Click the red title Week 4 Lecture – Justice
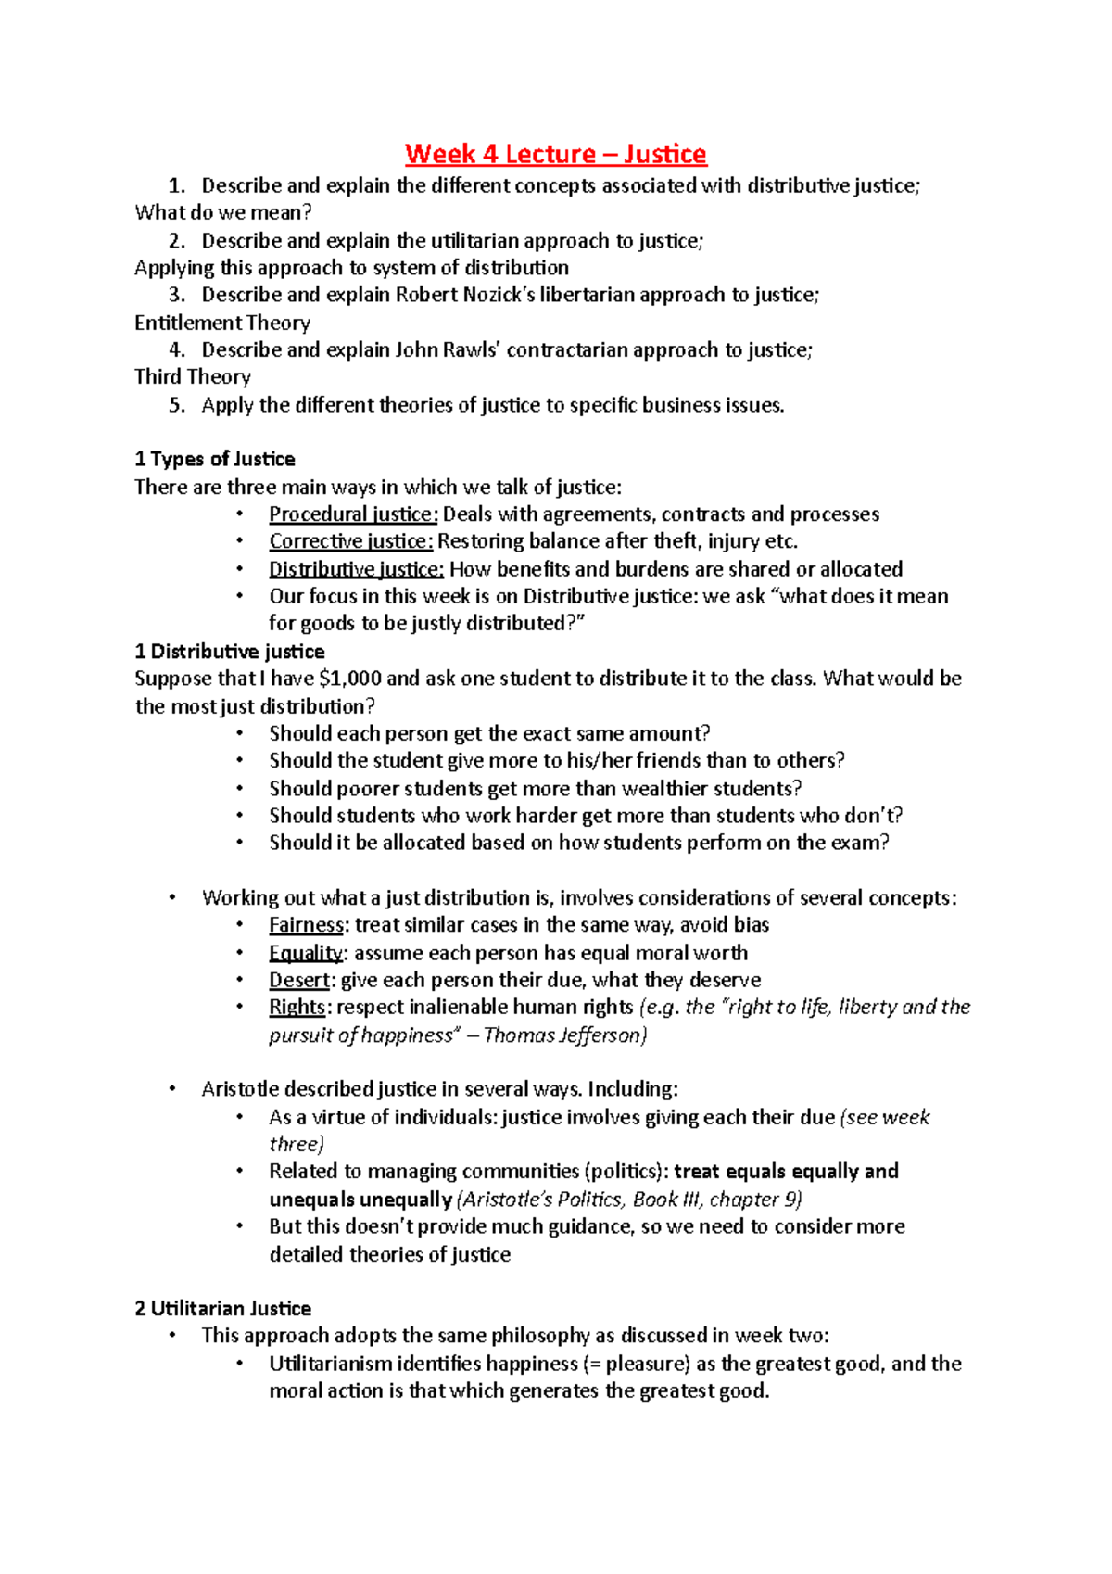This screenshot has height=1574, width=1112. point(555,154)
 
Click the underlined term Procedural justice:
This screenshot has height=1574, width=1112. point(353,514)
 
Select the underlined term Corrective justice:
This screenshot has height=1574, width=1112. point(351,541)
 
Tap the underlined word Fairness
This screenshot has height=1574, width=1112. point(306,925)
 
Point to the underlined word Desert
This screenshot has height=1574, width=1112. point(299,980)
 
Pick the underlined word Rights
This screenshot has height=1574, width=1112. point(297,1007)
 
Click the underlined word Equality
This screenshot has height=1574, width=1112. point(306,953)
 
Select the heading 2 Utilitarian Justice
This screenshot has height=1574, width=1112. point(222,1309)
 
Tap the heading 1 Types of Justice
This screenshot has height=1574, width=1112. point(215,460)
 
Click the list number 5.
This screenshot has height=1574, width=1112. point(176,405)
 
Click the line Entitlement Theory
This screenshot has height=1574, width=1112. point(222,324)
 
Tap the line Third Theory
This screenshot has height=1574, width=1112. point(193,377)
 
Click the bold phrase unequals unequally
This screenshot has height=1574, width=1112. point(360,1200)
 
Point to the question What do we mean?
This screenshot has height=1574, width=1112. point(223,213)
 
